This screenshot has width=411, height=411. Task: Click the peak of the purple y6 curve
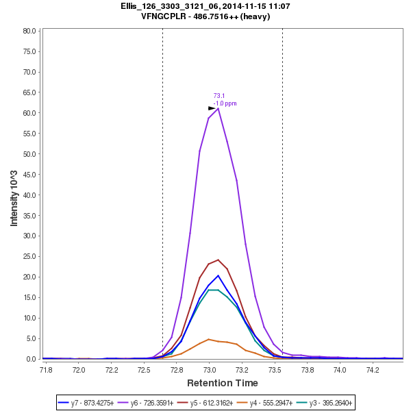(x=218, y=108)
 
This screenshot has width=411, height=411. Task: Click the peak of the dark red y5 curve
(x=218, y=260)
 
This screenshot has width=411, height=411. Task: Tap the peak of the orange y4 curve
(x=209, y=339)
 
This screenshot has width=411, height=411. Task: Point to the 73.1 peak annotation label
(x=219, y=96)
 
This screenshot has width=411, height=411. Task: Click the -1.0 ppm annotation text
(x=225, y=103)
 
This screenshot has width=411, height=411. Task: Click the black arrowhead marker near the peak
(x=212, y=108)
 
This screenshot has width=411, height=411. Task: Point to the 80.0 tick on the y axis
(x=29, y=31)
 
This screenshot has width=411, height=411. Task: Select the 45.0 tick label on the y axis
(x=29, y=175)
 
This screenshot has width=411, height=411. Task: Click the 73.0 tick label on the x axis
(x=209, y=370)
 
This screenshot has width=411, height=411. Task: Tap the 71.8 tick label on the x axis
(x=46, y=370)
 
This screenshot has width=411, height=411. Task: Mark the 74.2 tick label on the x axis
(x=373, y=370)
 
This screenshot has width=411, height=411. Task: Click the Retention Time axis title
(x=223, y=383)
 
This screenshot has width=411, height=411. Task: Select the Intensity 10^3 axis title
(x=14, y=194)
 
